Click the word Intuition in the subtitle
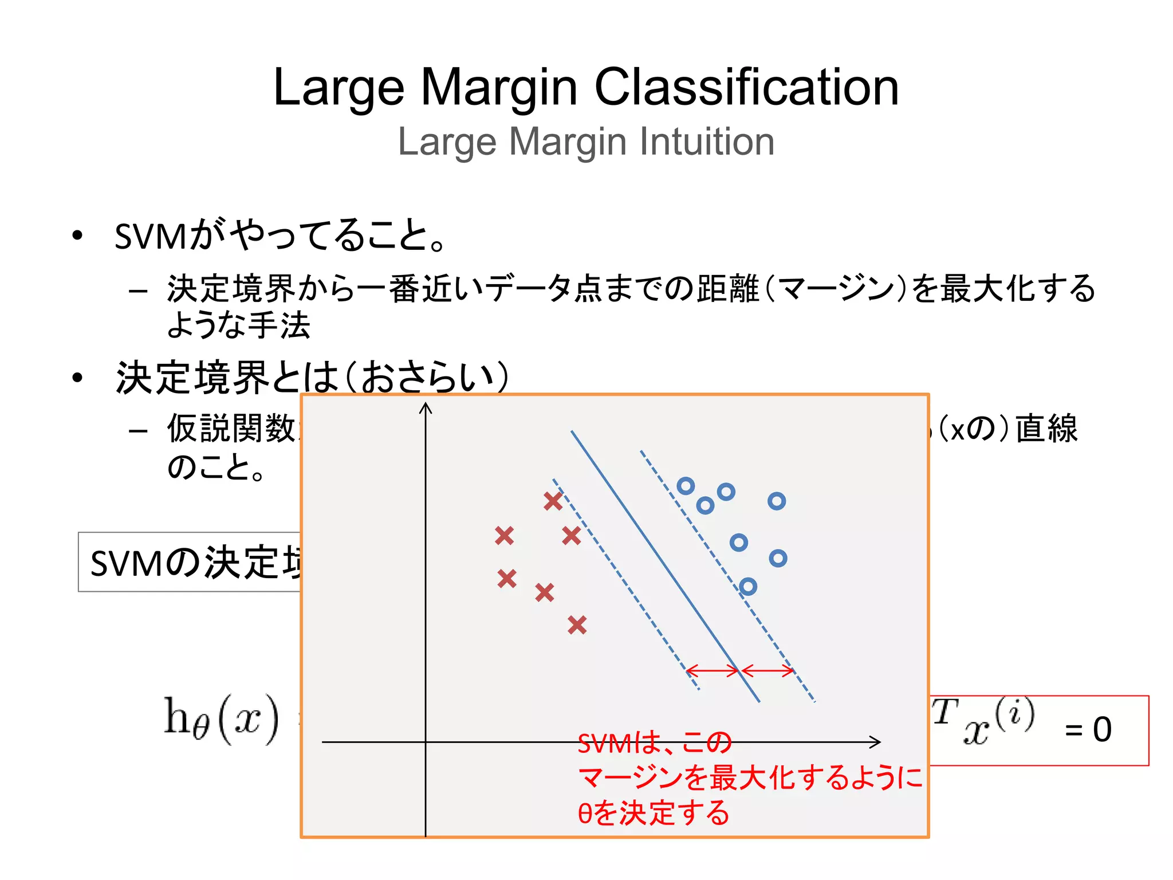click(x=707, y=142)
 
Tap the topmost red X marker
click(x=553, y=501)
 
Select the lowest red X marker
click(x=577, y=624)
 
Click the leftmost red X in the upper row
click(x=504, y=536)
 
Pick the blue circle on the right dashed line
click(x=747, y=586)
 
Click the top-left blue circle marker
click(x=686, y=486)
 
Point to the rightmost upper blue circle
click(x=776, y=501)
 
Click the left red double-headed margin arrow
click(x=713, y=670)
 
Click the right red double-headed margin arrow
click(x=767, y=670)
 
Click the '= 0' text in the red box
click(x=1088, y=730)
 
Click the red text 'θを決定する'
click(x=653, y=812)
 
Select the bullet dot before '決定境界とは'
click(x=77, y=378)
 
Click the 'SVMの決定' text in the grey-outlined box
click(x=195, y=563)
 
